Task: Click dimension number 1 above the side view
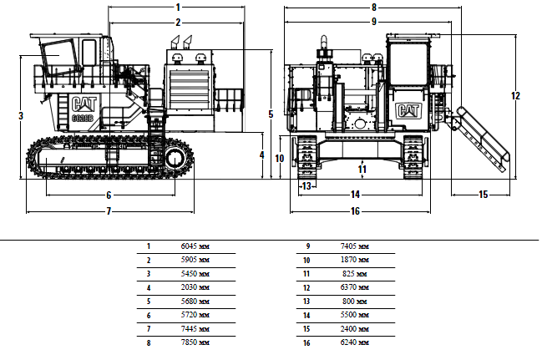[178, 7]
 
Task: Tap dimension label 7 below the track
[109, 211]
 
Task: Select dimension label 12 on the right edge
[515, 95]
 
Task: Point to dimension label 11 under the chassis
[362, 169]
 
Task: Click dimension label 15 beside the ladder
[484, 195]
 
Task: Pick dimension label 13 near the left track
[306, 186]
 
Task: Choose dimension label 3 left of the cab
[21, 115]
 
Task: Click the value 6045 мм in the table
[195, 246]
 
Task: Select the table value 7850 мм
[195, 342]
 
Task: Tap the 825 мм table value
[355, 273]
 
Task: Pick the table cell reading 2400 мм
[355, 328]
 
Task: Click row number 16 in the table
[306, 342]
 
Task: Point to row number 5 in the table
[149, 302]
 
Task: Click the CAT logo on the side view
[84, 104]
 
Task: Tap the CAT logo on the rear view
[408, 111]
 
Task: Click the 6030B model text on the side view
[83, 118]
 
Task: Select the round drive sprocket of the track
[175, 159]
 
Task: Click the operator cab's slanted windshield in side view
[58, 57]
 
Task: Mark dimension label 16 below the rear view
[355, 211]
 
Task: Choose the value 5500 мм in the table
[355, 315]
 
